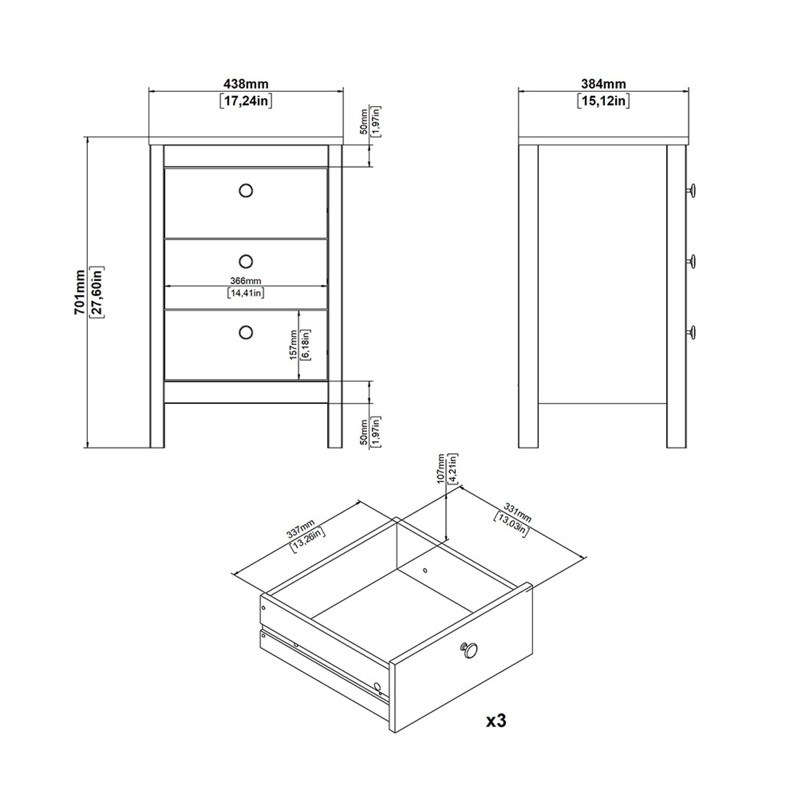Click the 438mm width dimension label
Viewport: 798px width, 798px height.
(246, 84)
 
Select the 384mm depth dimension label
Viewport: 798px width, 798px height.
(603, 84)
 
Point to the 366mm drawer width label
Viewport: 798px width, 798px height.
(246, 281)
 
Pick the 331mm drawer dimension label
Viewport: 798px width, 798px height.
(518, 514)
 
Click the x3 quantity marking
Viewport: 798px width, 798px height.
(496, 721)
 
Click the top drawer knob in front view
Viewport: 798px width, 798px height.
(246, 190)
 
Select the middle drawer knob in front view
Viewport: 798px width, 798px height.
(246, 261)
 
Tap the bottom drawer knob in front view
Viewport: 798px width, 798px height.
(246, 332)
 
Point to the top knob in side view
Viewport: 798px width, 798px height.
(691, 190)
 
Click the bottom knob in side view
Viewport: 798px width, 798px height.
(691, 332)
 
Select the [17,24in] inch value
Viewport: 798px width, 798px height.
(246, 101)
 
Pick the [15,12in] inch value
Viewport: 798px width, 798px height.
(603, 101)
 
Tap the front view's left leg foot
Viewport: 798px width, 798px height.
(157, 442)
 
